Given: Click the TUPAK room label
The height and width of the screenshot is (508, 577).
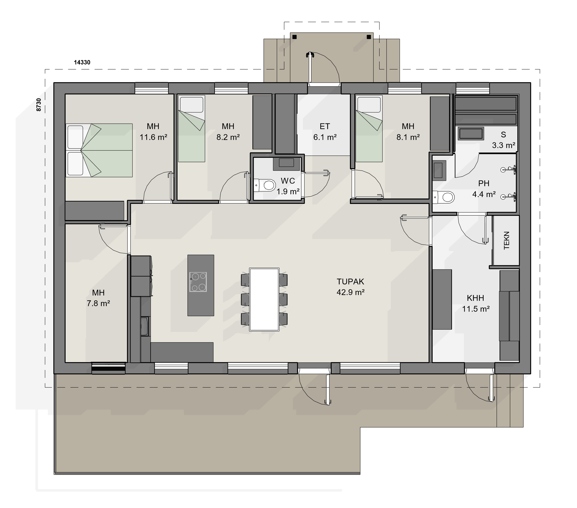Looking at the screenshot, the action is tap(350, 282).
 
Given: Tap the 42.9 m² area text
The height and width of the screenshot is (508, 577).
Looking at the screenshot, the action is tap(350, 292).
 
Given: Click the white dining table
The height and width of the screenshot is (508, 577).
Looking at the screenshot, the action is tap(264, 299).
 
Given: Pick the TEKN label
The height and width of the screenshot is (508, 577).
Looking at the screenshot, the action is tap(507, 240).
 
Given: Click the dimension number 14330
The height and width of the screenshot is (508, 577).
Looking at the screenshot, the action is tap(82, 62).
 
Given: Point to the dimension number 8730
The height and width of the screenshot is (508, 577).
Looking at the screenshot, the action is tap(39, 105).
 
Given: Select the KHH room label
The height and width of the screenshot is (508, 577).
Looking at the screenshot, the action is tap(475, 298).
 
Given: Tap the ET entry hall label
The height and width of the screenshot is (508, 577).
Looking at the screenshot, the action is tap(325, 126).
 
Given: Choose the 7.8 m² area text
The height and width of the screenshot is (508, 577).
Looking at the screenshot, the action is tap(98, 303).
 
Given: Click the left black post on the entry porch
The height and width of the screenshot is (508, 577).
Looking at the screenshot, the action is tap(295, 37).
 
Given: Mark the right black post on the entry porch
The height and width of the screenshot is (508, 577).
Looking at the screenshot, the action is tap(369, 37).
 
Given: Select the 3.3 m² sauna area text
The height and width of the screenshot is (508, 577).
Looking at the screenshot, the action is tap(504, 145).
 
